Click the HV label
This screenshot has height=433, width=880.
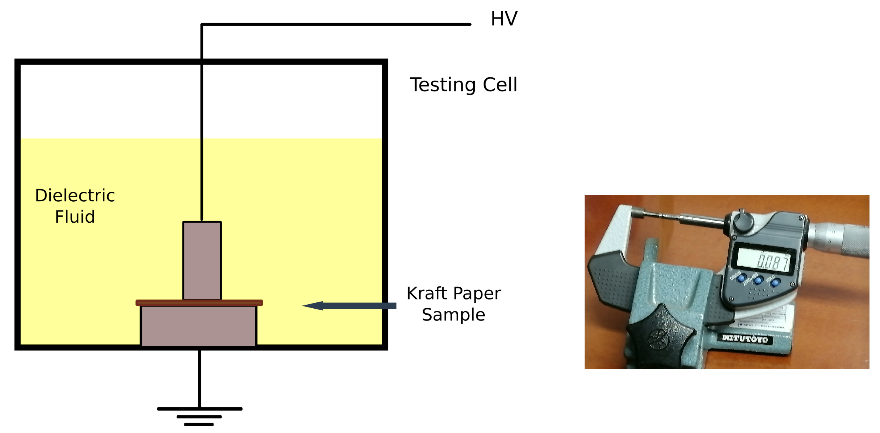tap(504, 19)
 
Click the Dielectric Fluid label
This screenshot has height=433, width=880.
tap(75, 206)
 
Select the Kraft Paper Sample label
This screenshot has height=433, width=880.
tap(454, 304)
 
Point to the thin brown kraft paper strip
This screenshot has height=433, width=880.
tap(199, 302)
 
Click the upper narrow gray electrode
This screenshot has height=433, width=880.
tap(202, 260)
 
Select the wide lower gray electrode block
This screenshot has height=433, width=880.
tap(198, 326)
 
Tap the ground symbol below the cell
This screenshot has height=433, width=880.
tap(199, 416)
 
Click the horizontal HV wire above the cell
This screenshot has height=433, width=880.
tap(335, 24)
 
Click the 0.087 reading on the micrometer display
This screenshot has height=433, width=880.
tap(773, 262)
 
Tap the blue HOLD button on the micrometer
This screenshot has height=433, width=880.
tap(776, 282)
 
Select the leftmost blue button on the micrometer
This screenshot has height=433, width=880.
tap(741, 279)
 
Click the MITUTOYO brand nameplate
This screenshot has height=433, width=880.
tap(745, 339)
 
